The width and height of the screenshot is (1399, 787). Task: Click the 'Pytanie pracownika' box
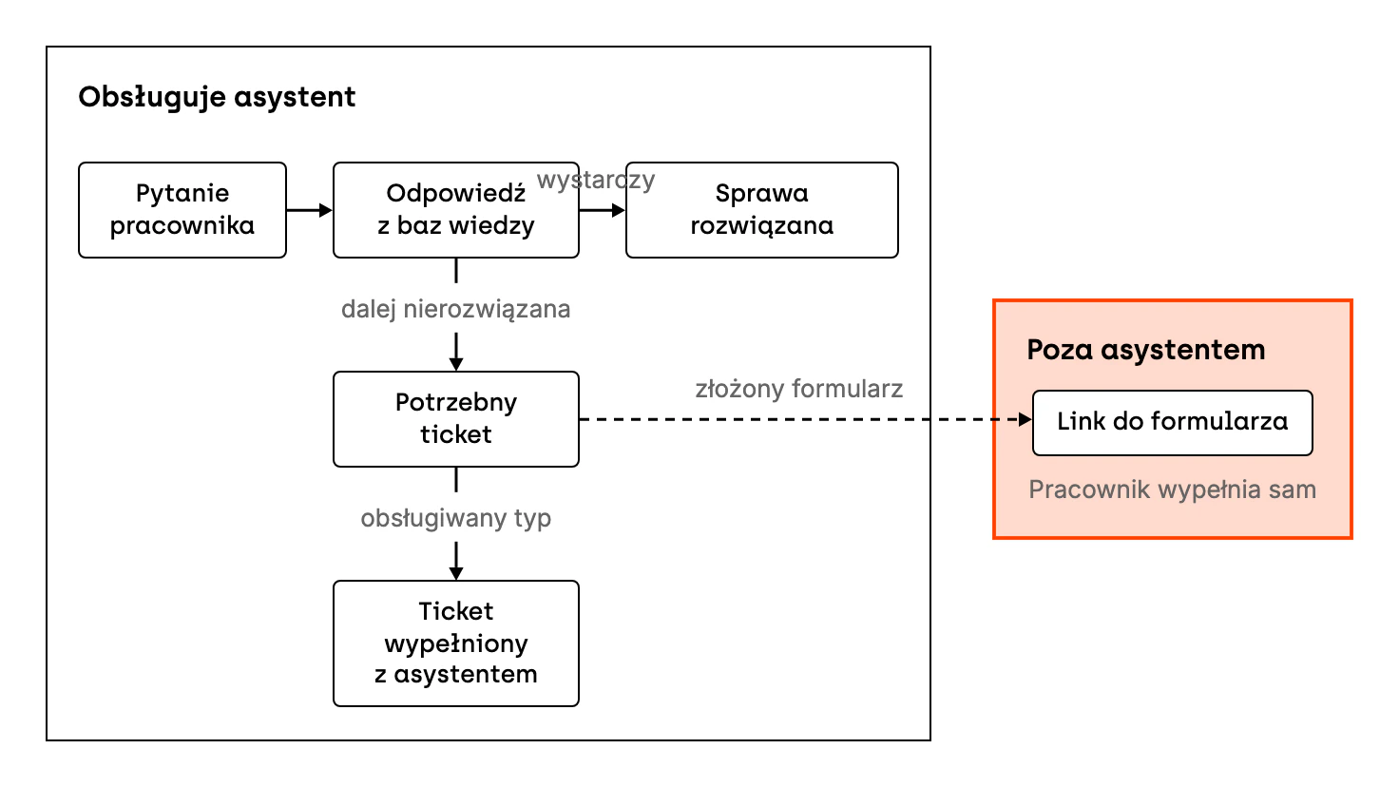(182, 210)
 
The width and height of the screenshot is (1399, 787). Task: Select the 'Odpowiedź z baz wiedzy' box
(456, 210)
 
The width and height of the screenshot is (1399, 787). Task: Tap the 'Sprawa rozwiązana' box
(762, 210)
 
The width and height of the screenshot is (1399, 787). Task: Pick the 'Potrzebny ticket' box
(456, 419)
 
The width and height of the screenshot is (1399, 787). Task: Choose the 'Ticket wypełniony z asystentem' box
(456, 643)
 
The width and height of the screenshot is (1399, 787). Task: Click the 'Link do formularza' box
(1172, 423)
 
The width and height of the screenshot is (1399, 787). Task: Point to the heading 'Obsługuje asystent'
(217, 98)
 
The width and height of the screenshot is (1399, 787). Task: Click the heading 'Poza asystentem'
(1146, 350)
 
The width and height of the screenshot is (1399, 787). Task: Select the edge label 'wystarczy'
(596, 181)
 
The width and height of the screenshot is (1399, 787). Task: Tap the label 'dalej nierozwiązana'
(456, 309)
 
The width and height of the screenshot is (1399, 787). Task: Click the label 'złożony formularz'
(798, 389)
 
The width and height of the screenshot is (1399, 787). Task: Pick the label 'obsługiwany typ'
(456, 518)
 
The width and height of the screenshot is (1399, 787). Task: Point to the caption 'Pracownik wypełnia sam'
(1172, 489)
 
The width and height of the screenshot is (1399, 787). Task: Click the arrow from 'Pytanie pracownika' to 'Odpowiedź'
(309, 210)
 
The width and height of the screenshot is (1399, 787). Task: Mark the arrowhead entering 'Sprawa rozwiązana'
(619, 210)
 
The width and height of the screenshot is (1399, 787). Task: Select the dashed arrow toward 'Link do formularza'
(806, 419)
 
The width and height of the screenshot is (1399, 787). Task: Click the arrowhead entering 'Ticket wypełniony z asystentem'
(456, 573)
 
